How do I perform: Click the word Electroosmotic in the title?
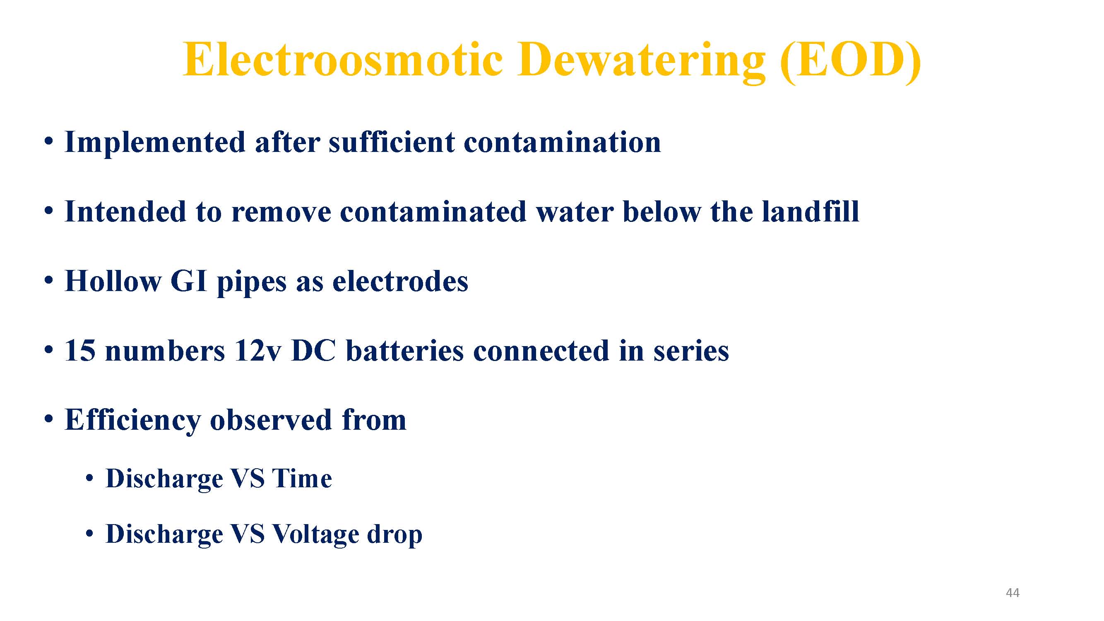343,60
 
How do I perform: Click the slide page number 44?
1013,592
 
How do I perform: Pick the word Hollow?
113,281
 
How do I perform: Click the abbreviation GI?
189,281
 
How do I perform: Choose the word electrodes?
400,281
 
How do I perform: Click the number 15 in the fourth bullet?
80,351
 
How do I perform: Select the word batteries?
404,351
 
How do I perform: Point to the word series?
691,351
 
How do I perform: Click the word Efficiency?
133,421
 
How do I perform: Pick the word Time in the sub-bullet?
302,478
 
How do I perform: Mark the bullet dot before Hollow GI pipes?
49,281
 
